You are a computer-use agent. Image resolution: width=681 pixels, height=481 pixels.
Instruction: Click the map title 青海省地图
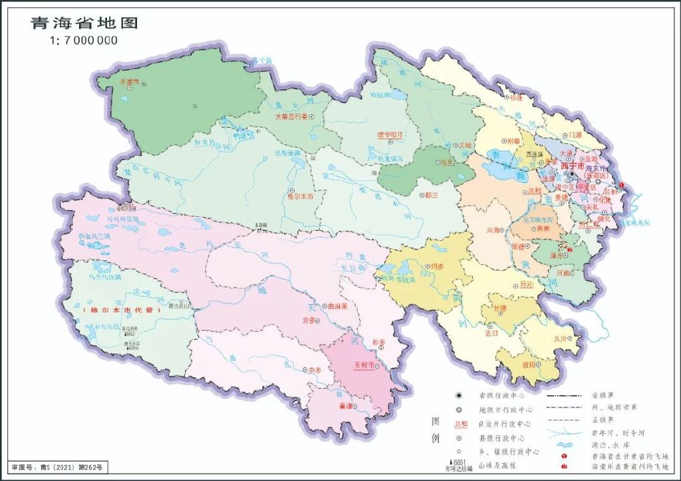click(x=84, y=23)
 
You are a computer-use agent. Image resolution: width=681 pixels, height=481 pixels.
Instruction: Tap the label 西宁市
click(x=574, y=165)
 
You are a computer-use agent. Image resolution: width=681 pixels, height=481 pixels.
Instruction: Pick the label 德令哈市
click(x=390, y=134)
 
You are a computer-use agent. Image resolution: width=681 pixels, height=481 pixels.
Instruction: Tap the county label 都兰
click(x=431, y=196)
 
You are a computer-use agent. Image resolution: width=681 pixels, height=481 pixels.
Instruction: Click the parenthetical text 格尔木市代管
click(x=122, y=311)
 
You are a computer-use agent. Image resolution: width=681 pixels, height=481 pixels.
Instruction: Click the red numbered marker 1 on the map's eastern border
click(x=621, y=185)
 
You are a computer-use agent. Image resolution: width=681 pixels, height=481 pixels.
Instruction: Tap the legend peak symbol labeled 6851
click(x=454, y=462)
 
